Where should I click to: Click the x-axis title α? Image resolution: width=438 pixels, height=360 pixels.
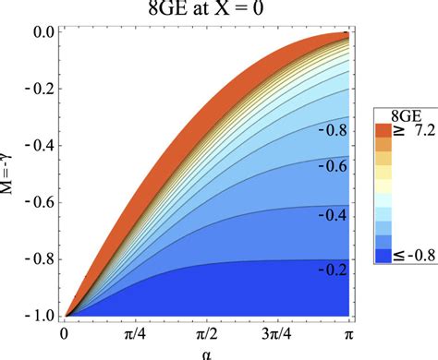206,352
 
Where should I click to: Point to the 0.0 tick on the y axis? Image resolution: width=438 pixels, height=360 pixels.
43,33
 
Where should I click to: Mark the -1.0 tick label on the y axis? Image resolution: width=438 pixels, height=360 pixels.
41,317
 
